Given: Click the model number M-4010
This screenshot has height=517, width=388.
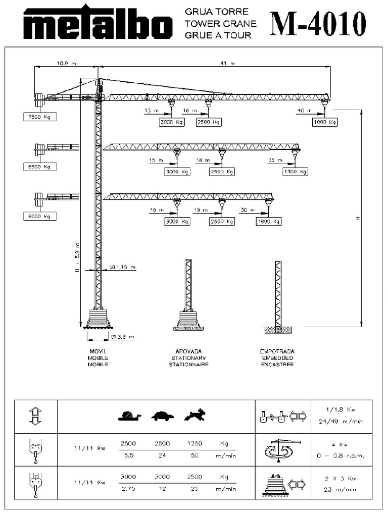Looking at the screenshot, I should [318, 23].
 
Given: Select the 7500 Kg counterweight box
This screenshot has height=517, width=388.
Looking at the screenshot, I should [40, 117].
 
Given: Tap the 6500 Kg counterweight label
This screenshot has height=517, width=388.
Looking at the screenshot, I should [40, 167].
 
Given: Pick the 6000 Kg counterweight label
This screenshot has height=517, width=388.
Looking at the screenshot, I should [40, 216].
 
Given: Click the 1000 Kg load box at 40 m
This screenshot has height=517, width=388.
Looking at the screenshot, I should [324, 122].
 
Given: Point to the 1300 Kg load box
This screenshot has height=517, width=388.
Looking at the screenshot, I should [295, 172].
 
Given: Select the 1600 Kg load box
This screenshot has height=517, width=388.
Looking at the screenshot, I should [269, 221].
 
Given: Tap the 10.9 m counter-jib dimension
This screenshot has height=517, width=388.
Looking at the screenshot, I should [66, 64].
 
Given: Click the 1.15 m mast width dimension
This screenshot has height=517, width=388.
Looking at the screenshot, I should [123, 267].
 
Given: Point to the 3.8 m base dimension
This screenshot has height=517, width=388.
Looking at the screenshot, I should [123, 336].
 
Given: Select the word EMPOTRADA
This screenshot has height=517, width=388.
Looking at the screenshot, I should [277, 351].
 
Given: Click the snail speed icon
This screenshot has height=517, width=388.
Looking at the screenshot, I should [129, 416].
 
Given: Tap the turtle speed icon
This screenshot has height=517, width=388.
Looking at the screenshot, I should [162, 416].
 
